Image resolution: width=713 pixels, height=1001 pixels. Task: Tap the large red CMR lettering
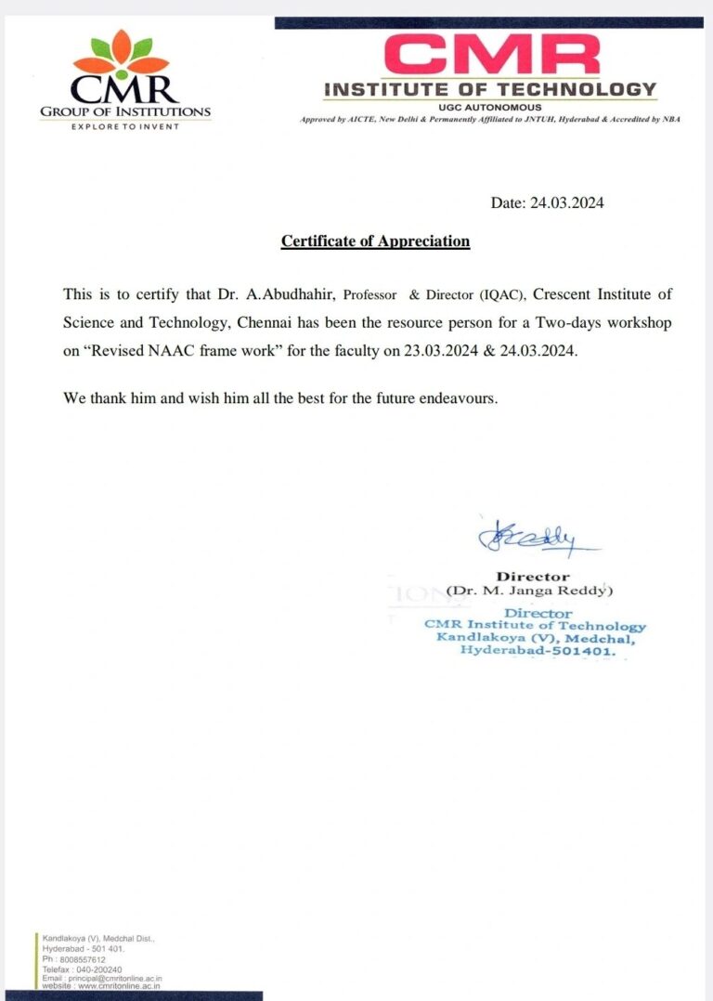coord(491,55)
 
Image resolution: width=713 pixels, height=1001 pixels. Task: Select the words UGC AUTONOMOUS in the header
coord(489,107)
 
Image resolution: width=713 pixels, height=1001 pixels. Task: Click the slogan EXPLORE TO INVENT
coord(125,126)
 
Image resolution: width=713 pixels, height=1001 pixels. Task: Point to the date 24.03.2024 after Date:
coord(566,202)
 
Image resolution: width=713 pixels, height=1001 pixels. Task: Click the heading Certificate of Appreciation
coord(375,241)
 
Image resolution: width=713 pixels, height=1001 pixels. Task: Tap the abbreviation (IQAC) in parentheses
coord(502,295)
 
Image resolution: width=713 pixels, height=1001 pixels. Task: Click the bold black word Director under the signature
coord(532,577)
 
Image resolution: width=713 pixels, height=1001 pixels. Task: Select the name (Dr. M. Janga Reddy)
coord(530,591)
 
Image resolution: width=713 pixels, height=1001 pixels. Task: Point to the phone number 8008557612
coord(81,960)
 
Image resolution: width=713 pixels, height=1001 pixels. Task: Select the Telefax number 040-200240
coord(97,969)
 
